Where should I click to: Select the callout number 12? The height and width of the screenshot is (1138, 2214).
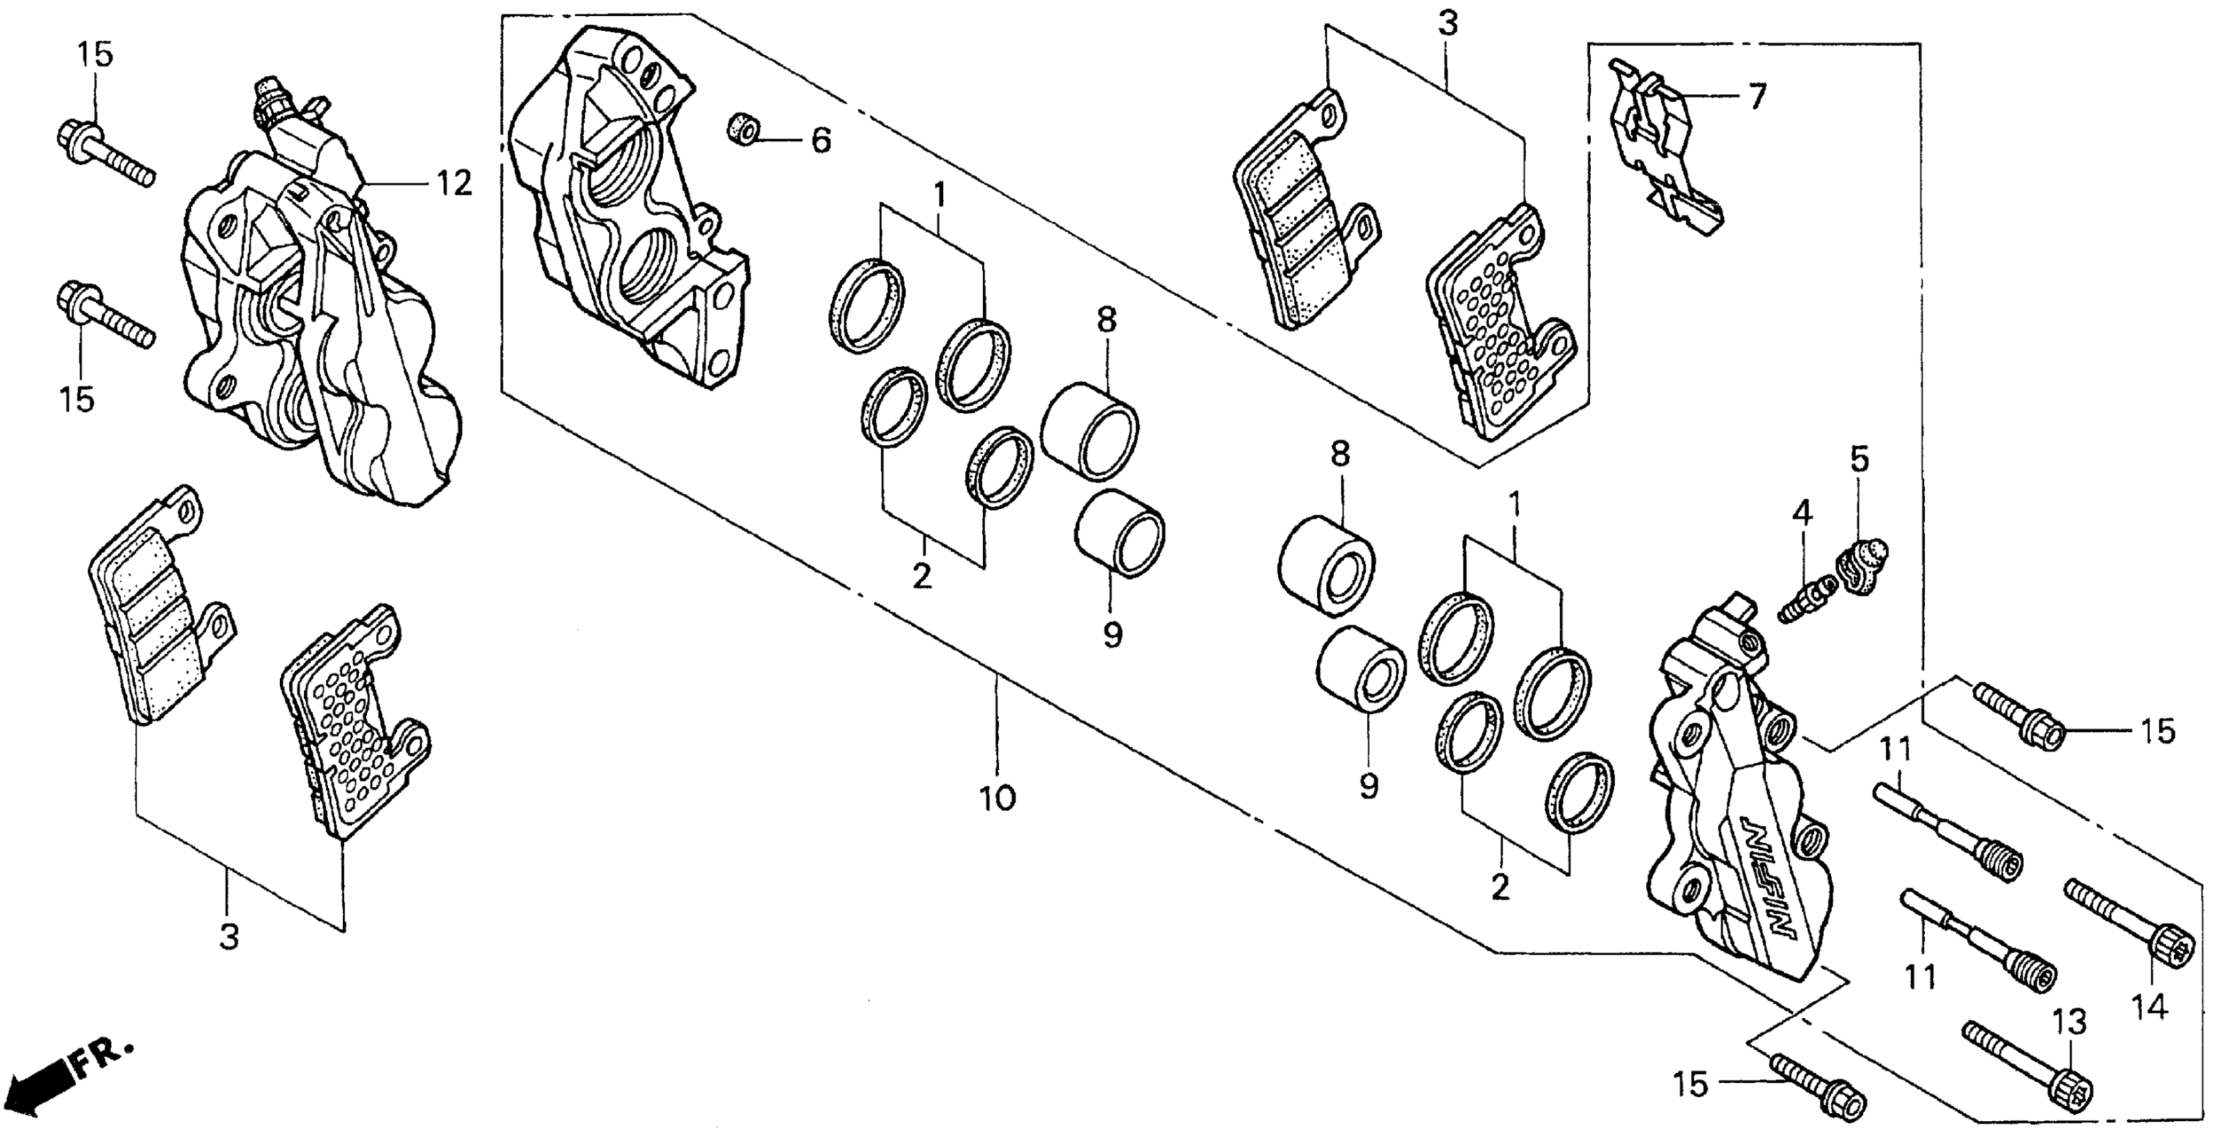click(454, 183)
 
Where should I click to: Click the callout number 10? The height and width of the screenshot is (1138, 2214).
click(997, 799)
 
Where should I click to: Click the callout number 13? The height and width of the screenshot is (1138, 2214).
click(2069, 1023)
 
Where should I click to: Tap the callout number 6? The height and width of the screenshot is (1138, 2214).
click(821, 140)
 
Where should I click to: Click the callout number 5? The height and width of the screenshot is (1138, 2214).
click(1859, 460)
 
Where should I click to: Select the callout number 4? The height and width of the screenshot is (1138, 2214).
click(1802, 514)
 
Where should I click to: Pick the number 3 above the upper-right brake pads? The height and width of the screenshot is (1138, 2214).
click(1448, 24)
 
